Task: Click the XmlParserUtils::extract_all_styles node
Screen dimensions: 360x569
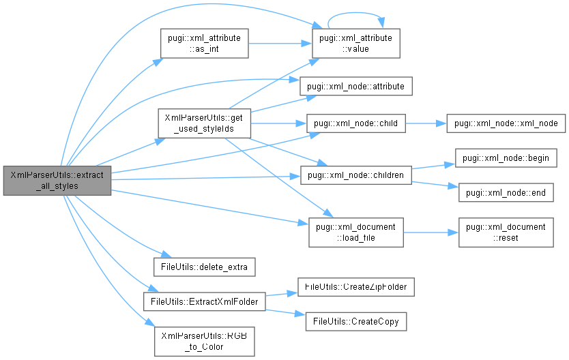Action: [57, 180]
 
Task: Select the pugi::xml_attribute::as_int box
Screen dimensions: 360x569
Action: [203, 44]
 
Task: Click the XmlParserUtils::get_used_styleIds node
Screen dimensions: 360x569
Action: [205, 123]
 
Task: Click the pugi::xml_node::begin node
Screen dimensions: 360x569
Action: [501, 157]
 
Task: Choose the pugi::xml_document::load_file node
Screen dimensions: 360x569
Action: [356, 232]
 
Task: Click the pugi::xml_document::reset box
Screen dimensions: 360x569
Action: [505, 232]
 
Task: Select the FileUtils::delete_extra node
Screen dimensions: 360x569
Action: [205, 266]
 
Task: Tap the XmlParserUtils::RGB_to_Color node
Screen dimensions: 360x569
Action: [205, 341]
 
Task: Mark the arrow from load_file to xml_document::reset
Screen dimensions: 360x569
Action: [426, 232]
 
